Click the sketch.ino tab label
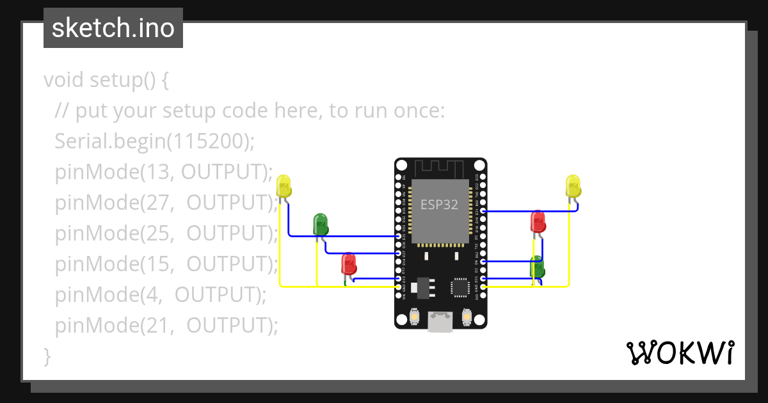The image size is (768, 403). [113, 28]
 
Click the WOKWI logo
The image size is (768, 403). [680, 352]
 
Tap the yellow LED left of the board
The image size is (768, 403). [284, 186]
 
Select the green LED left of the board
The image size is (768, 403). [320, 224]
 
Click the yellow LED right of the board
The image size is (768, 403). [573, 186]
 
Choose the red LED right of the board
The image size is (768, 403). [538, 222]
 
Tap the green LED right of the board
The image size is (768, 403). [537, 266]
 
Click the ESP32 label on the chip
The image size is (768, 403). [439, 205]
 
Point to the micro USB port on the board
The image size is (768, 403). [440, 321]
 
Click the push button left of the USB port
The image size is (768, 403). [414, 317]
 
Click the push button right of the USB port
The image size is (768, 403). [467, 317]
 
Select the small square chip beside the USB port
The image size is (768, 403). [460, 287]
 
